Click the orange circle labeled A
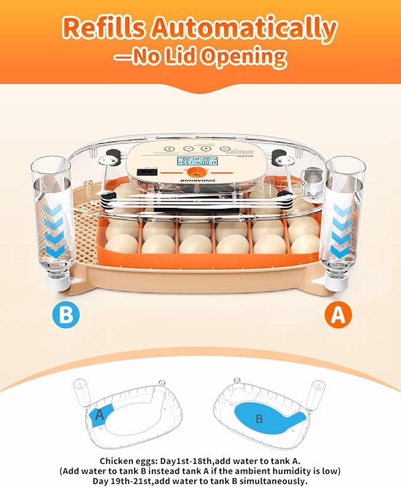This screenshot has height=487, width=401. pyautogui.click(x=337, y=315)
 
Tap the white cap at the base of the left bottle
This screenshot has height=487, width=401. pyautogui.click(x=57, y=282)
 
